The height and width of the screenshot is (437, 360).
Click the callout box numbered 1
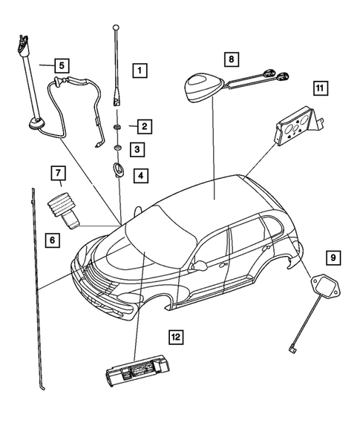coord(140,72)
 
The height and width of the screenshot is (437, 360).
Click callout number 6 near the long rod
coord(51,240)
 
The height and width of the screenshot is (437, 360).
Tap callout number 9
coord(333,258)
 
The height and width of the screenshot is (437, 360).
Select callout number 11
coord(320,89)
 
